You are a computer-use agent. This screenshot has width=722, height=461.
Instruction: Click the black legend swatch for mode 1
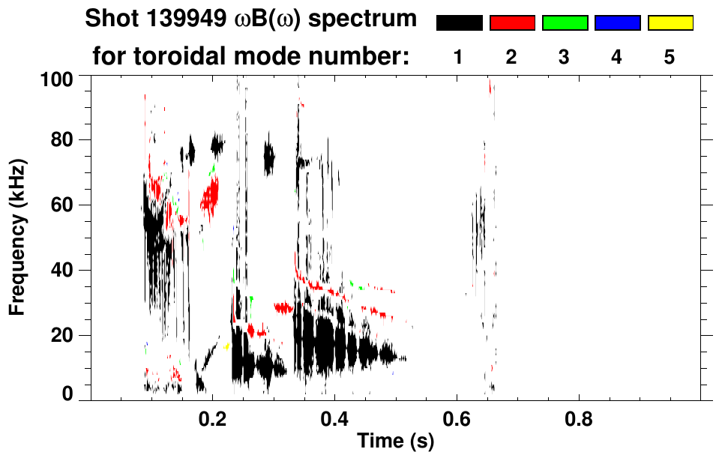point(459,23)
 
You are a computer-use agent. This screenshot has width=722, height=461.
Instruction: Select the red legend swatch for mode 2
point(512,23)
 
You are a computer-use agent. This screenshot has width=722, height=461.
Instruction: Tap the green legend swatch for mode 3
point(565,23)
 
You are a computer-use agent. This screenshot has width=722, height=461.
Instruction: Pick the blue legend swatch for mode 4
point(617,23)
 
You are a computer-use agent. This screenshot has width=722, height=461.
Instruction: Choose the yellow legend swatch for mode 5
point(670,23)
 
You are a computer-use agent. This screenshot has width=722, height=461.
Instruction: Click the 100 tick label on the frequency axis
point(56,78)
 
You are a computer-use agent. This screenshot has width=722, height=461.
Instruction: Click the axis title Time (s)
point(395,442)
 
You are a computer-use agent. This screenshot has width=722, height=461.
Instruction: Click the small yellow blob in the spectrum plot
point(226,346)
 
